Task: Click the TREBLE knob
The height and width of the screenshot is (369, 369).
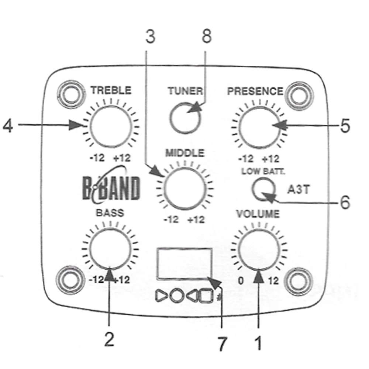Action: (111, 126)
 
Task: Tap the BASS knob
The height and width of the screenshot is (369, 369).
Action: (110, 249)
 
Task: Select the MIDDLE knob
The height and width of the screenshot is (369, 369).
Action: (185, 189)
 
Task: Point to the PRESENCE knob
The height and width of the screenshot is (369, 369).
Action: (259, 127)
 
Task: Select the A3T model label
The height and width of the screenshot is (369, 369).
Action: (299, 189)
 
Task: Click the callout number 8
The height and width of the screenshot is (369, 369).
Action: (207, 36)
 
